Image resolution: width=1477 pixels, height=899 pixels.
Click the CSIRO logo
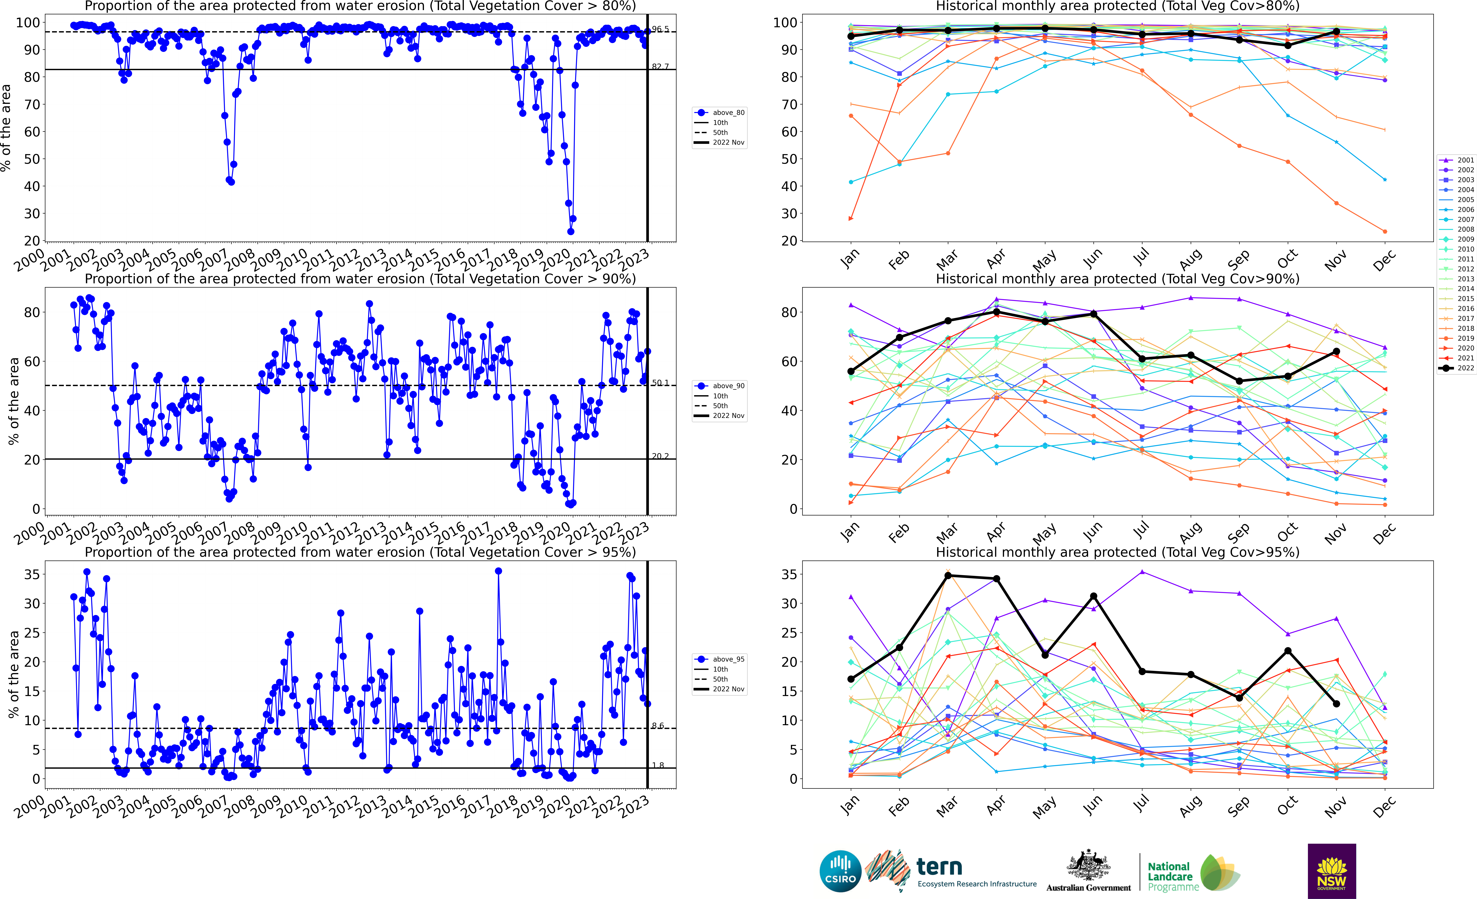click(x=840, y=871)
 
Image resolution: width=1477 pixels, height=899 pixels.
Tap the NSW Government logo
click(x=1331, y=871)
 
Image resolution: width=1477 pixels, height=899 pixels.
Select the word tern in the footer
click(x=939, y=867)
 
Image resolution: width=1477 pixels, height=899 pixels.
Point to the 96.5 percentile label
click(x=660, y=29)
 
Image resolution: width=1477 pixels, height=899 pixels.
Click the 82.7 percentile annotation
click(x=660, y=66)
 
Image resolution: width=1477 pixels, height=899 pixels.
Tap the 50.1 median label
click(x=660, y=382)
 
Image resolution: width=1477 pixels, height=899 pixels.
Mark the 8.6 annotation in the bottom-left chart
click(x=658, y=726)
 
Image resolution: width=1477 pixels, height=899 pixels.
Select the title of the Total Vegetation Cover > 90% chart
click(x=360, y=279)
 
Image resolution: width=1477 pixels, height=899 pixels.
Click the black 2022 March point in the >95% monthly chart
click(x=948, y=575)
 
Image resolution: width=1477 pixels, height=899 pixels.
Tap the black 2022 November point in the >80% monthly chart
click(x=1336, y=31)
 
